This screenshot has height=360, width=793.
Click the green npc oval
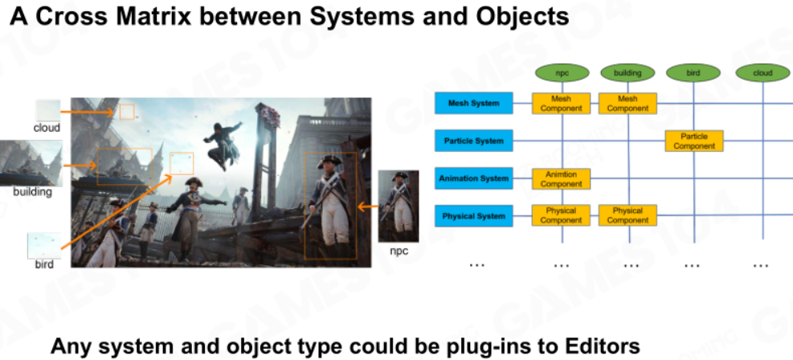pyautogui.click(x=562, y=73)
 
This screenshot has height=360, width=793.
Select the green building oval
pyautogui.click(x=627, y=73)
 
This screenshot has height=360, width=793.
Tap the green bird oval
pyautogui.click(x=693, y=73)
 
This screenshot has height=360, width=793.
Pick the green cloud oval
pyautogui.click(x=762, y=73)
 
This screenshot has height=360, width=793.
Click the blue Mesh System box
pyautogui.click(x=474, y=103)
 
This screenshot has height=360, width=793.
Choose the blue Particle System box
pyautogui.click(x=474, y=141)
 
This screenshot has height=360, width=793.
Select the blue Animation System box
pyautogui.click(x=474, y=178)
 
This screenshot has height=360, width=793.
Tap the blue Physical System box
pyautogui.click(x=474, y=216)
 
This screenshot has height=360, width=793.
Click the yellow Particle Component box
pyautogui.click(x=694, y=141)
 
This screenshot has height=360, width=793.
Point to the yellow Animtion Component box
pyautogui.click(x=561, y=179)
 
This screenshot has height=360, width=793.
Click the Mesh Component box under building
pyautogui.click(x=627, y=103)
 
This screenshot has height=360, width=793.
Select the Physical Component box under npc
pyautogui.click(x=561, y=215)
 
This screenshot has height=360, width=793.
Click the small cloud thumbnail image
pyautogui.click(x=47, y=111)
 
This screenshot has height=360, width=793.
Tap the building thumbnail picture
pyautogui.click(x=31, y=163)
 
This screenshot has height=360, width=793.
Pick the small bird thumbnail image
pyautogui.click(x=44, y=246)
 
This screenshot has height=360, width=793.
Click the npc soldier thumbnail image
pyautogui.click(x=399, y=207)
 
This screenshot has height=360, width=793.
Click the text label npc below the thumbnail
pyautogui.click(x=399, y=252)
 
